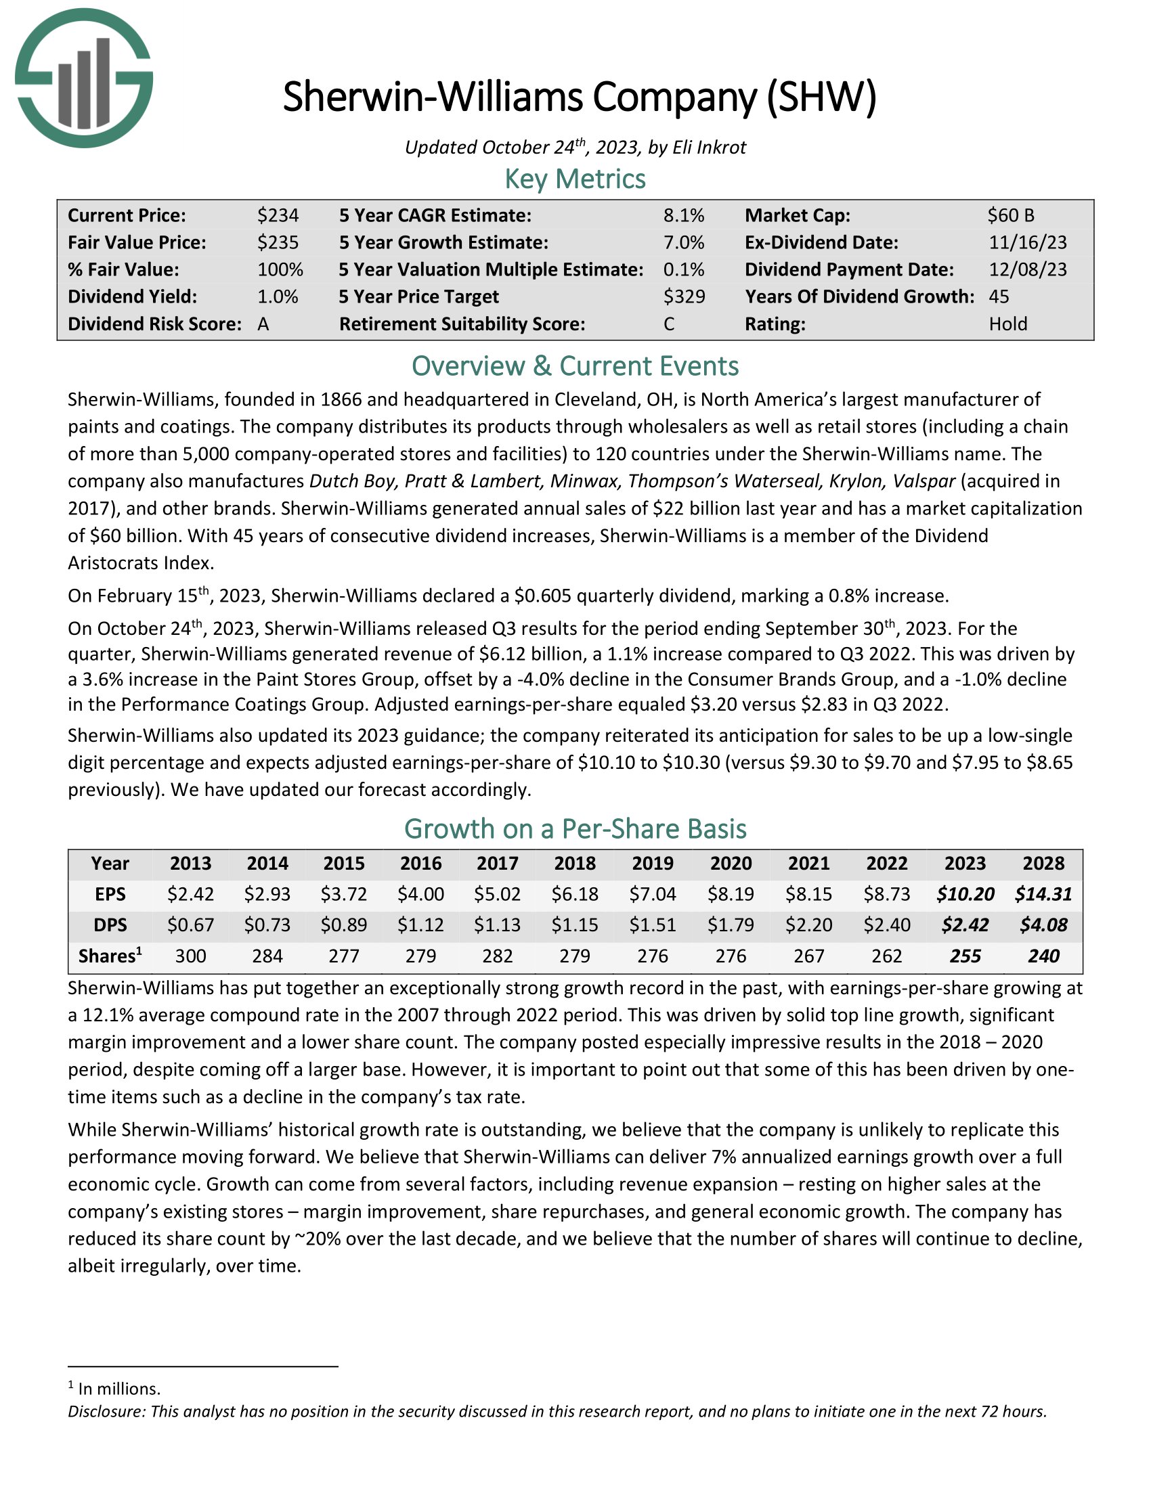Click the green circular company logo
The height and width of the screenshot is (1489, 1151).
84,78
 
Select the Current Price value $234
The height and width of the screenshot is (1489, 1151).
278,215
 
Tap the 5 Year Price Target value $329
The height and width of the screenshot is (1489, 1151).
684,296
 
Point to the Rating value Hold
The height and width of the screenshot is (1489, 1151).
1008,324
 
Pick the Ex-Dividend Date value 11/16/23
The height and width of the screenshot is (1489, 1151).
1028,243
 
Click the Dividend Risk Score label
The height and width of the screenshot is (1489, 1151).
154,324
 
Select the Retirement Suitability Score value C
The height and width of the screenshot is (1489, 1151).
669,324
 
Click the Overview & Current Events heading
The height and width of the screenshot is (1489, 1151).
575,366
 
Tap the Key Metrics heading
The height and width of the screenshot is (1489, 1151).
575,179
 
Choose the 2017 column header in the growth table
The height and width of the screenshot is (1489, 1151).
497,863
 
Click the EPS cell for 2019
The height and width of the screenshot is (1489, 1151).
653,894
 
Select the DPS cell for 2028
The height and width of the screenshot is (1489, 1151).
1043,925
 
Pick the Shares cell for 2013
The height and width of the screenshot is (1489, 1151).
190,956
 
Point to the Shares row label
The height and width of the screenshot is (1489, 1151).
110,956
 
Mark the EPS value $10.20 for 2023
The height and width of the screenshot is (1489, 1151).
965,894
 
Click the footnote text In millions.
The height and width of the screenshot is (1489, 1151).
118,1389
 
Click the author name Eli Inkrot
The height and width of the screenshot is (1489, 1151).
709,148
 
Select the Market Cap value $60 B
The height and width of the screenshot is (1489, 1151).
1011,215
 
